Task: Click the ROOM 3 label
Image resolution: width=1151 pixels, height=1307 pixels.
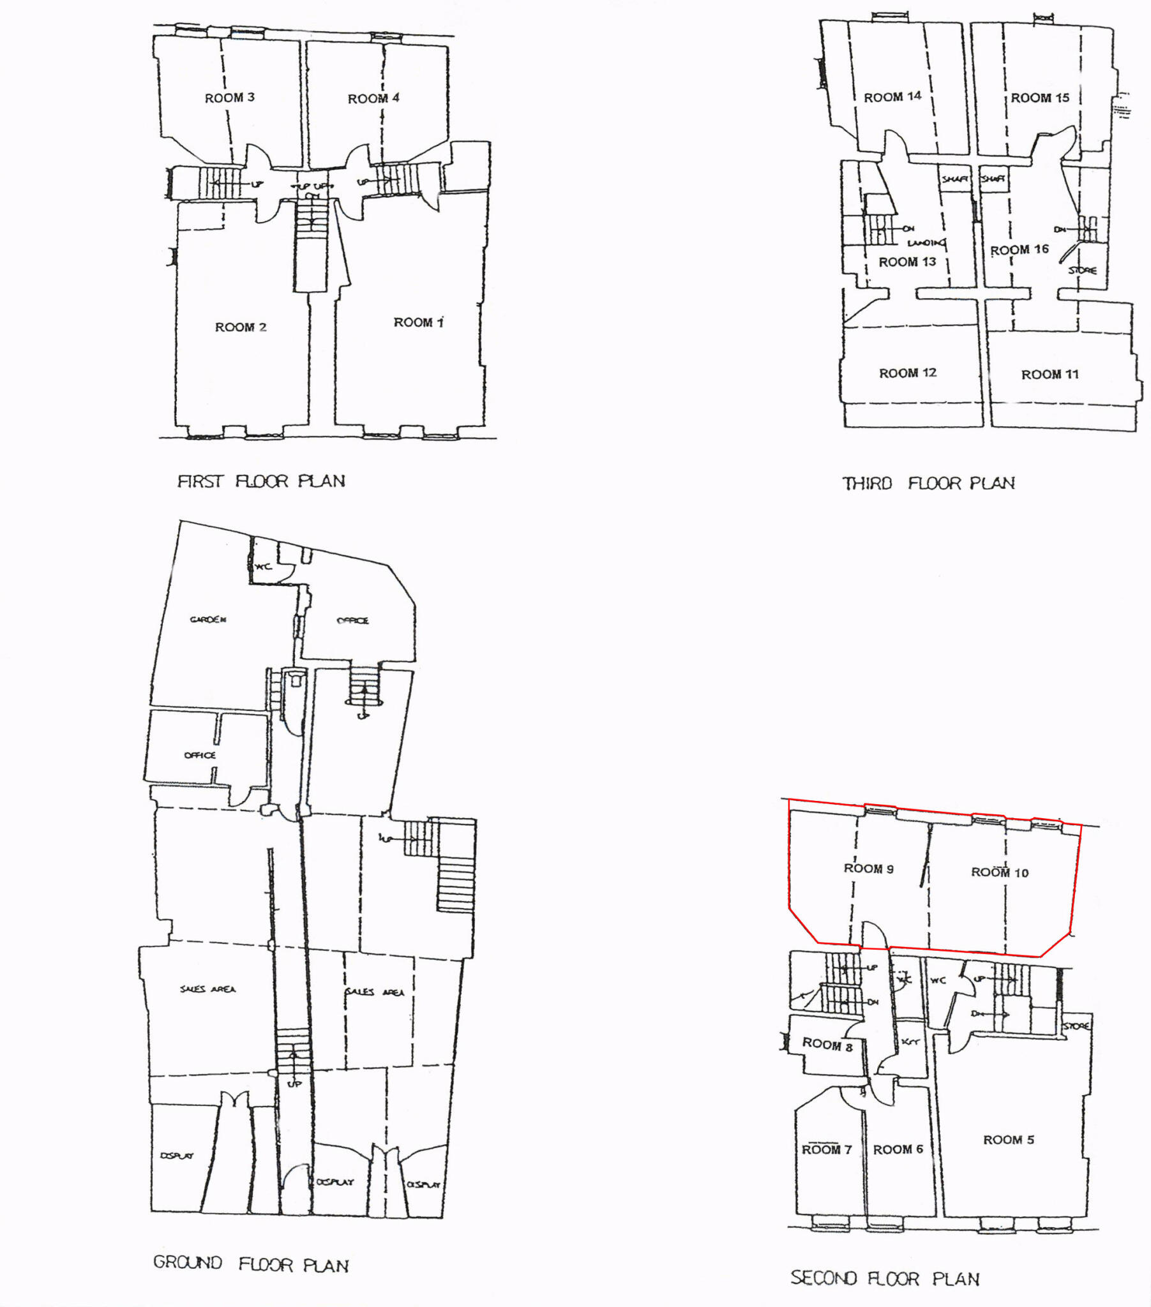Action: pyautogui.click(x=229, y=98)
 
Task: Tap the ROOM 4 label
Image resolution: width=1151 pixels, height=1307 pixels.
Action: pyautogui.click(x=373, y=98)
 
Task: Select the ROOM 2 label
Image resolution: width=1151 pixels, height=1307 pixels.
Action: pyautogui.click(x=241, y=327)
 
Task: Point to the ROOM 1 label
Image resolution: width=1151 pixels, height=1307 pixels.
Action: pyautogui.click(x=418, y=323)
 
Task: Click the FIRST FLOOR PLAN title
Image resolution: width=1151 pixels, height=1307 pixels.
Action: pyautogui.click(x=261, y=481)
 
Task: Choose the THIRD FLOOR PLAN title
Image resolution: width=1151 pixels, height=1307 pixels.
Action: pyautogui.click(x=928, y=483)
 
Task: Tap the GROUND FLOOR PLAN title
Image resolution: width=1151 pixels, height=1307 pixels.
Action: pyautogui.click(x=251, y=1264)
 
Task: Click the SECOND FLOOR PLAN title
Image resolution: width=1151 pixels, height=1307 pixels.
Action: pyautogui.click(x=885, y=1278)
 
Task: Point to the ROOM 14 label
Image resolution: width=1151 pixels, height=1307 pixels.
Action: pyautogui.click(x=892, y=97)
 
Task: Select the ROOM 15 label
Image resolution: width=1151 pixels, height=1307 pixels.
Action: pyautogui.click(x=1040, y=98)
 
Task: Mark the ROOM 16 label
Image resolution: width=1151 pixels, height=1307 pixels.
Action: pyautogui.click(x=1019, y=250)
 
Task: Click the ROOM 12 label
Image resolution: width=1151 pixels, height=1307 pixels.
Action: pyautogui.click(x=907, y=373)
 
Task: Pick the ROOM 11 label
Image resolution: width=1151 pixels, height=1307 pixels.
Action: pyautogui.click(x=1049, y=375)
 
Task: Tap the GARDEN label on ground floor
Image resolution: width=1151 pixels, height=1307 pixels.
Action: pyautogui.click(x=208, y=619)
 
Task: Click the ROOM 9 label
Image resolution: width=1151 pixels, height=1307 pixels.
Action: pyautogui.click(x=868, y=869)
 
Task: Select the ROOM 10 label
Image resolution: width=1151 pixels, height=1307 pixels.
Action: pyautogui.click(x=999, y=872)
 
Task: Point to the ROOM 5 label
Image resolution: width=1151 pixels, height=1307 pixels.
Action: pyautogui.click(x=1009, y=1140)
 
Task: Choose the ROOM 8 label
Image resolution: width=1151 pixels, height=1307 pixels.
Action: pyautogui.click(x=827, y=1044)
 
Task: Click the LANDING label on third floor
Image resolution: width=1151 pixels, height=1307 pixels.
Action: pyautogui.click(x=926, y=243)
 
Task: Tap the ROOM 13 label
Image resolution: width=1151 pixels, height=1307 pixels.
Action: pyautogui.click(x=907, y=262)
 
